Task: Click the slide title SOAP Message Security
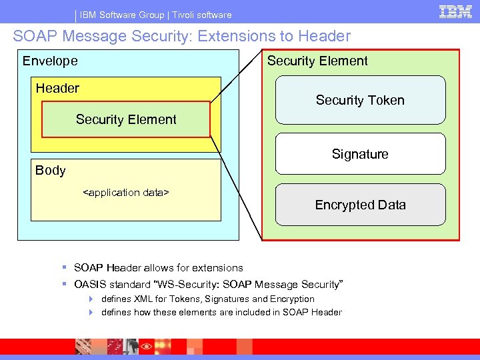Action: [181, 36]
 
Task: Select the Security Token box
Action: [360, 100]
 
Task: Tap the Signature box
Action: [360, 154]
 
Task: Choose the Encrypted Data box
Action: [360, 205]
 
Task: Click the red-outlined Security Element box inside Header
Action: [126, 119]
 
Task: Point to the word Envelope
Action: [50, 61]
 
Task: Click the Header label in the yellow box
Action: [57, 88]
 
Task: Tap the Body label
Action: [51, 170]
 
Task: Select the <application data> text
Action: [125, 193]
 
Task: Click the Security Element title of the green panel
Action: [317, 61]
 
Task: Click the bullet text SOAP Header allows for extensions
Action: [158, 267]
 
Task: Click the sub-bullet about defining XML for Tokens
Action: [207, 299]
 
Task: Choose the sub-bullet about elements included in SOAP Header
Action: [221, 312]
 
